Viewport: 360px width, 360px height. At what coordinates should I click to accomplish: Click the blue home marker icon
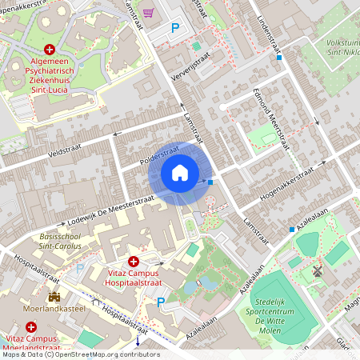(x=180, y=172)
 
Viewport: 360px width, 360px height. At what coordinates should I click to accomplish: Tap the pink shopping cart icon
(x=148, y=13)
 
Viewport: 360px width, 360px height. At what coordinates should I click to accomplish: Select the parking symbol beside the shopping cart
(x=175, y=29)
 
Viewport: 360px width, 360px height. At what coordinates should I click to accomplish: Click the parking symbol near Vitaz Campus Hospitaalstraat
(x=161, y=302)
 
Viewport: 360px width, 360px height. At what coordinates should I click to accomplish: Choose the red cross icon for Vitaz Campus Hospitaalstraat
(x=134, y=262)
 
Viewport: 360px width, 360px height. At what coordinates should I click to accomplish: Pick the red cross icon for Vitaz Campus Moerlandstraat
(x=31, y=327)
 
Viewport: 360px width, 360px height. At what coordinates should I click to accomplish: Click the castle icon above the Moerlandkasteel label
(x=54, y=297)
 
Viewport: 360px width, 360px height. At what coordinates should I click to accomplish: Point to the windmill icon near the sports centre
(x=317, y=272)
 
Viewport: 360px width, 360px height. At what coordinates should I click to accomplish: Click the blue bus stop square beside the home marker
(x=210, y=182)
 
